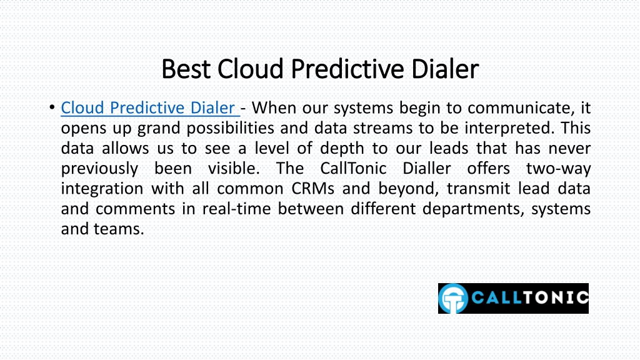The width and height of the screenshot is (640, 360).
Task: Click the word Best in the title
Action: coord(186,69)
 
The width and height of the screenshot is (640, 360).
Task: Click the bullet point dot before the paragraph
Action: coord(52,107)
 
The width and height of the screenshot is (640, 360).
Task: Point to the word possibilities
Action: coord(230,128)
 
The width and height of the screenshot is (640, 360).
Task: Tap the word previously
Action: coord(99,169)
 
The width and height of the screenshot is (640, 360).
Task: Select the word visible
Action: coord(234,168)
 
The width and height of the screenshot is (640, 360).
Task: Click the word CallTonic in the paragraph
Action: coord(353,168)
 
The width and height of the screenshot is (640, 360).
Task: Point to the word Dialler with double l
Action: coord(426,168)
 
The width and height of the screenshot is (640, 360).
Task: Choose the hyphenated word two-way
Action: coord(558,169)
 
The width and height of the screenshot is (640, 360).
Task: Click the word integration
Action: coord(102,189)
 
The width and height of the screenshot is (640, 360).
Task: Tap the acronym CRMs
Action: coord(312,189)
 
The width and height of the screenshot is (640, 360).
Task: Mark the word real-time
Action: coord(237,209)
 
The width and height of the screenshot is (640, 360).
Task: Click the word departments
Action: coord(472,209)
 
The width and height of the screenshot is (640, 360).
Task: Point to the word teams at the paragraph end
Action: coord(119,229)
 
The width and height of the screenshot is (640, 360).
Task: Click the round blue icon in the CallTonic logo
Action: coord(453,298)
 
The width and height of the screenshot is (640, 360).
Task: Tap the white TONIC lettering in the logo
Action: coord(556,297)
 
